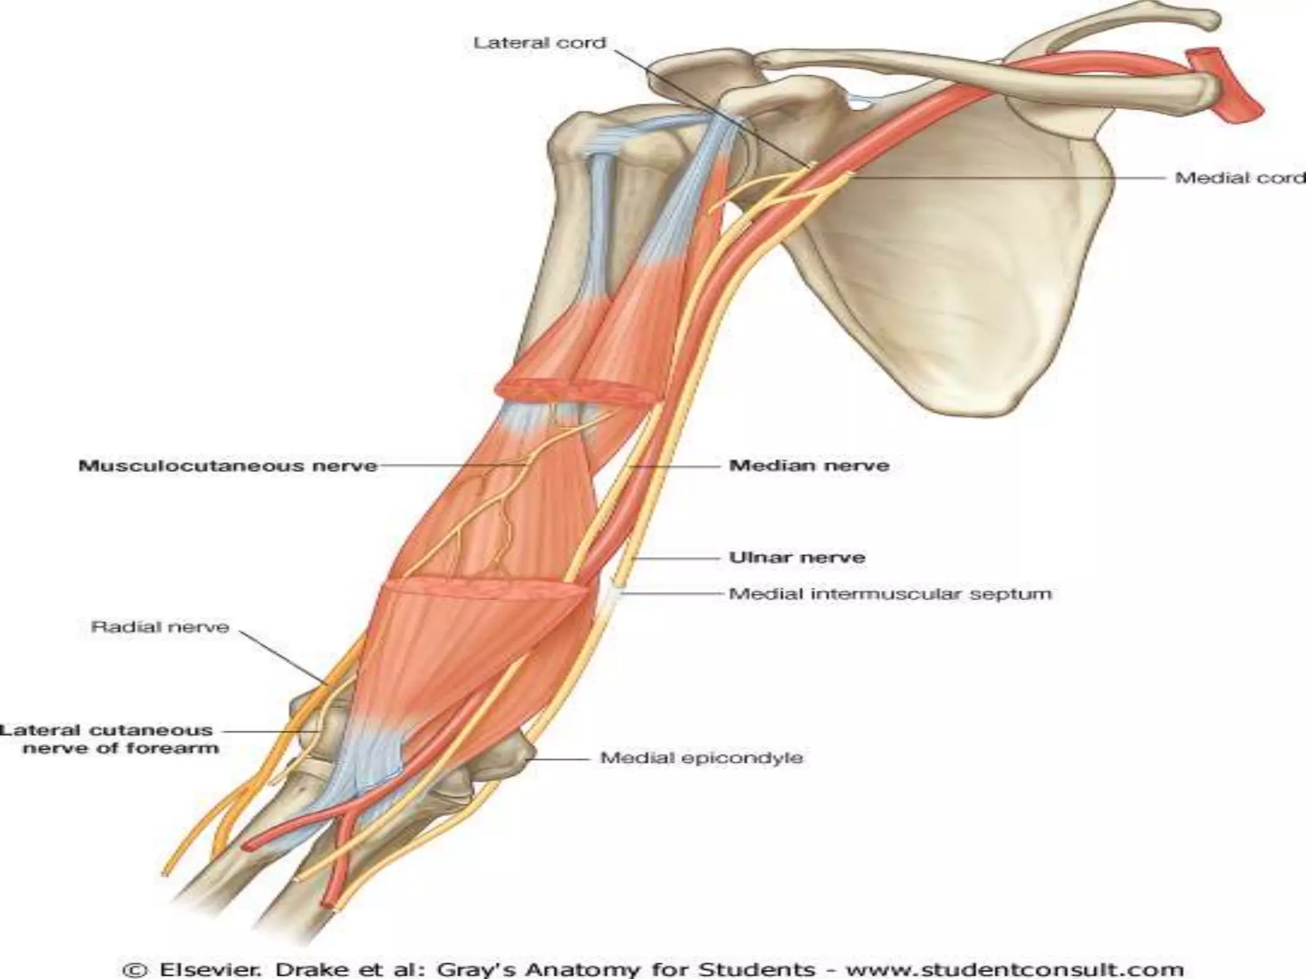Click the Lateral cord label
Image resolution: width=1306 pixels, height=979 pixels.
[539, 43]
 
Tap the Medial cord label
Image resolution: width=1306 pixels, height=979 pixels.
[1240, 178]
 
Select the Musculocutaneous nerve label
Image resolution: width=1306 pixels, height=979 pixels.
[228, 466]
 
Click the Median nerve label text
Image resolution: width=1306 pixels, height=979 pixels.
[809, 466]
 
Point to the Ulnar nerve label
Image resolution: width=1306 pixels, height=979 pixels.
[797, 558]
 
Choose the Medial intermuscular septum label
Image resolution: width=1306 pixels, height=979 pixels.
[890, 594]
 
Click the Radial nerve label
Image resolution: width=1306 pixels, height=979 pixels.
[160, 627]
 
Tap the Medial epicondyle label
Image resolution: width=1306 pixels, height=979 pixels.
[701, 758]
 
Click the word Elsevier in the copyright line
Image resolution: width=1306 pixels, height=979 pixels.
[205, 970]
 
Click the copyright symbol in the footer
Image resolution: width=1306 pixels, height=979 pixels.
[136, 970]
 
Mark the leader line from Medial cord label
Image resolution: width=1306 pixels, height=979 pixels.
[1008, 178]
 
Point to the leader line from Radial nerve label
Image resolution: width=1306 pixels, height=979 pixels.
[284, 657]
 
